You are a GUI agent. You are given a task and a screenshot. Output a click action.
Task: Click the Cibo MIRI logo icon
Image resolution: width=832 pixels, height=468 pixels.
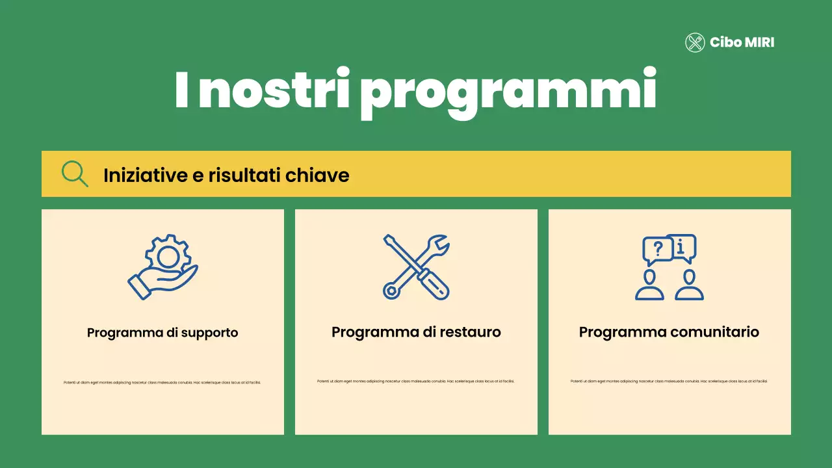(x=695, y=43)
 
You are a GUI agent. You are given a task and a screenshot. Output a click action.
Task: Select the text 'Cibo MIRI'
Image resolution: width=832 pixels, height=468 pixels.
(x=742, y=43)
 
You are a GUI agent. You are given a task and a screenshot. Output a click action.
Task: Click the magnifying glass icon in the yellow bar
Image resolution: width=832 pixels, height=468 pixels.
(x=74, y=174)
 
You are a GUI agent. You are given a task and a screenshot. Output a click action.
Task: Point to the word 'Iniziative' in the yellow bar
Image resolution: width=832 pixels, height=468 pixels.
(x=137, y=175)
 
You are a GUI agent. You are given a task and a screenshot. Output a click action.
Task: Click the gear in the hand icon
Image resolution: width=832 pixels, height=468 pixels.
(x=168, y=255)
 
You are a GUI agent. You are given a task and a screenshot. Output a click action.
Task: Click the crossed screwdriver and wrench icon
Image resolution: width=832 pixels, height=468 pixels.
(x=416, y=266)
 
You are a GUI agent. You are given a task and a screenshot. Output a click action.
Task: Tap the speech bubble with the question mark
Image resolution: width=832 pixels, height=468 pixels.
(x=657, y=249)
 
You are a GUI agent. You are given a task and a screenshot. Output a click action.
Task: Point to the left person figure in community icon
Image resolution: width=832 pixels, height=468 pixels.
(x=649, y=286)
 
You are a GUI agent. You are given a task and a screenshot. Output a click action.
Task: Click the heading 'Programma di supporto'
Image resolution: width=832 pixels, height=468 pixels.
(x=162, y=333)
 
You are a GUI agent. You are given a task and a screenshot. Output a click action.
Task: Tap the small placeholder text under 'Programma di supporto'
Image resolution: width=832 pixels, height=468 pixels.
(x=162, y=382)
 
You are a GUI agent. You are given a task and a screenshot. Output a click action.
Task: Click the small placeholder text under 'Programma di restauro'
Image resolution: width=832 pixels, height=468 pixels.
(x=416, y=381)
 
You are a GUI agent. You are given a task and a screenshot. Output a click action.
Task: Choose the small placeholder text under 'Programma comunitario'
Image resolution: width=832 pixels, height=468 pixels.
(x=669, y=381)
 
